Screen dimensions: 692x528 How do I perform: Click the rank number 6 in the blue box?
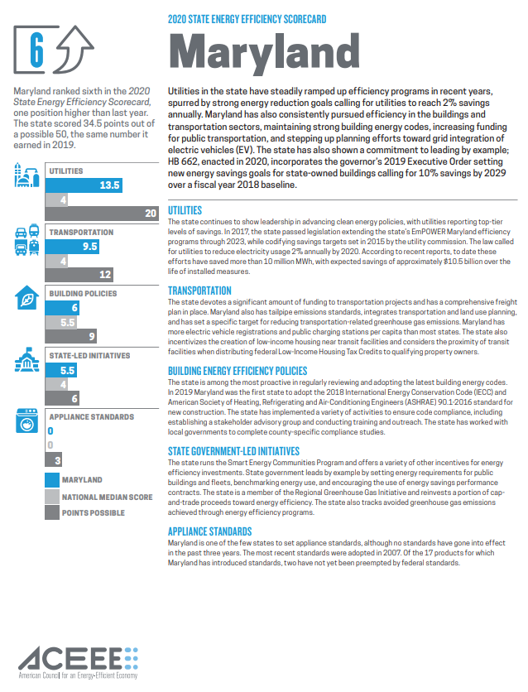click(36, 50)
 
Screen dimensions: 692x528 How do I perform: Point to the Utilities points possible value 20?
click(150, 214)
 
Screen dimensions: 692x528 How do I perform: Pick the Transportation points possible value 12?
click(104, 274)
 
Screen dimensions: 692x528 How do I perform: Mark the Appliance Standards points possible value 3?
click(56, 459)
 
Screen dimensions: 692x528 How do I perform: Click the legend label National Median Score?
click(107, 497)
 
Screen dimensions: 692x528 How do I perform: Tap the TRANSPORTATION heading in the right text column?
click(199, 291)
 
